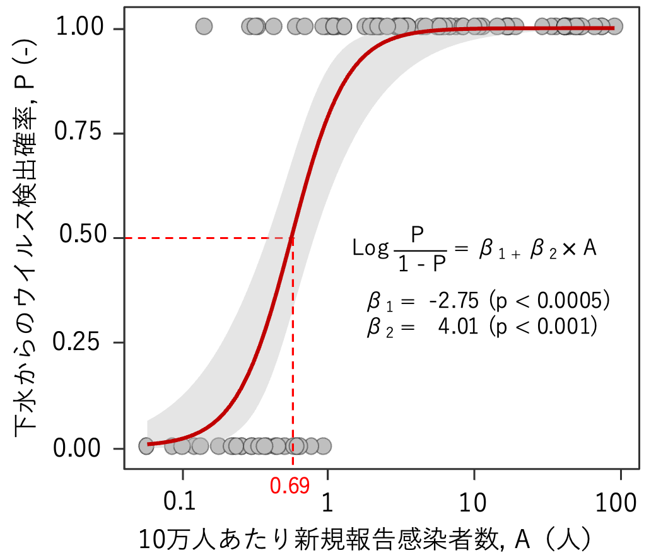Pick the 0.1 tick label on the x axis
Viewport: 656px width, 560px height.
pyautogui.click(x=182, y=503)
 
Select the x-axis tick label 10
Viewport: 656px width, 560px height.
pyautogui.click(x=473, y=503)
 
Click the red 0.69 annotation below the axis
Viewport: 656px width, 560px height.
pyautogui.click(x=290, y=486)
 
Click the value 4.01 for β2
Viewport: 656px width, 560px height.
pyautogui.click(x=458, y=327)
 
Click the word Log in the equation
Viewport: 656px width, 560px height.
pyautogui.click(x=371, y=248)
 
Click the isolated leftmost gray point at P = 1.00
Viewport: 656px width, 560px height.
pyautogui.click(x=204, y=26)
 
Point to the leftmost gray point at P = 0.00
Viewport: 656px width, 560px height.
pyautogui.click(x=146, y=445)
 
